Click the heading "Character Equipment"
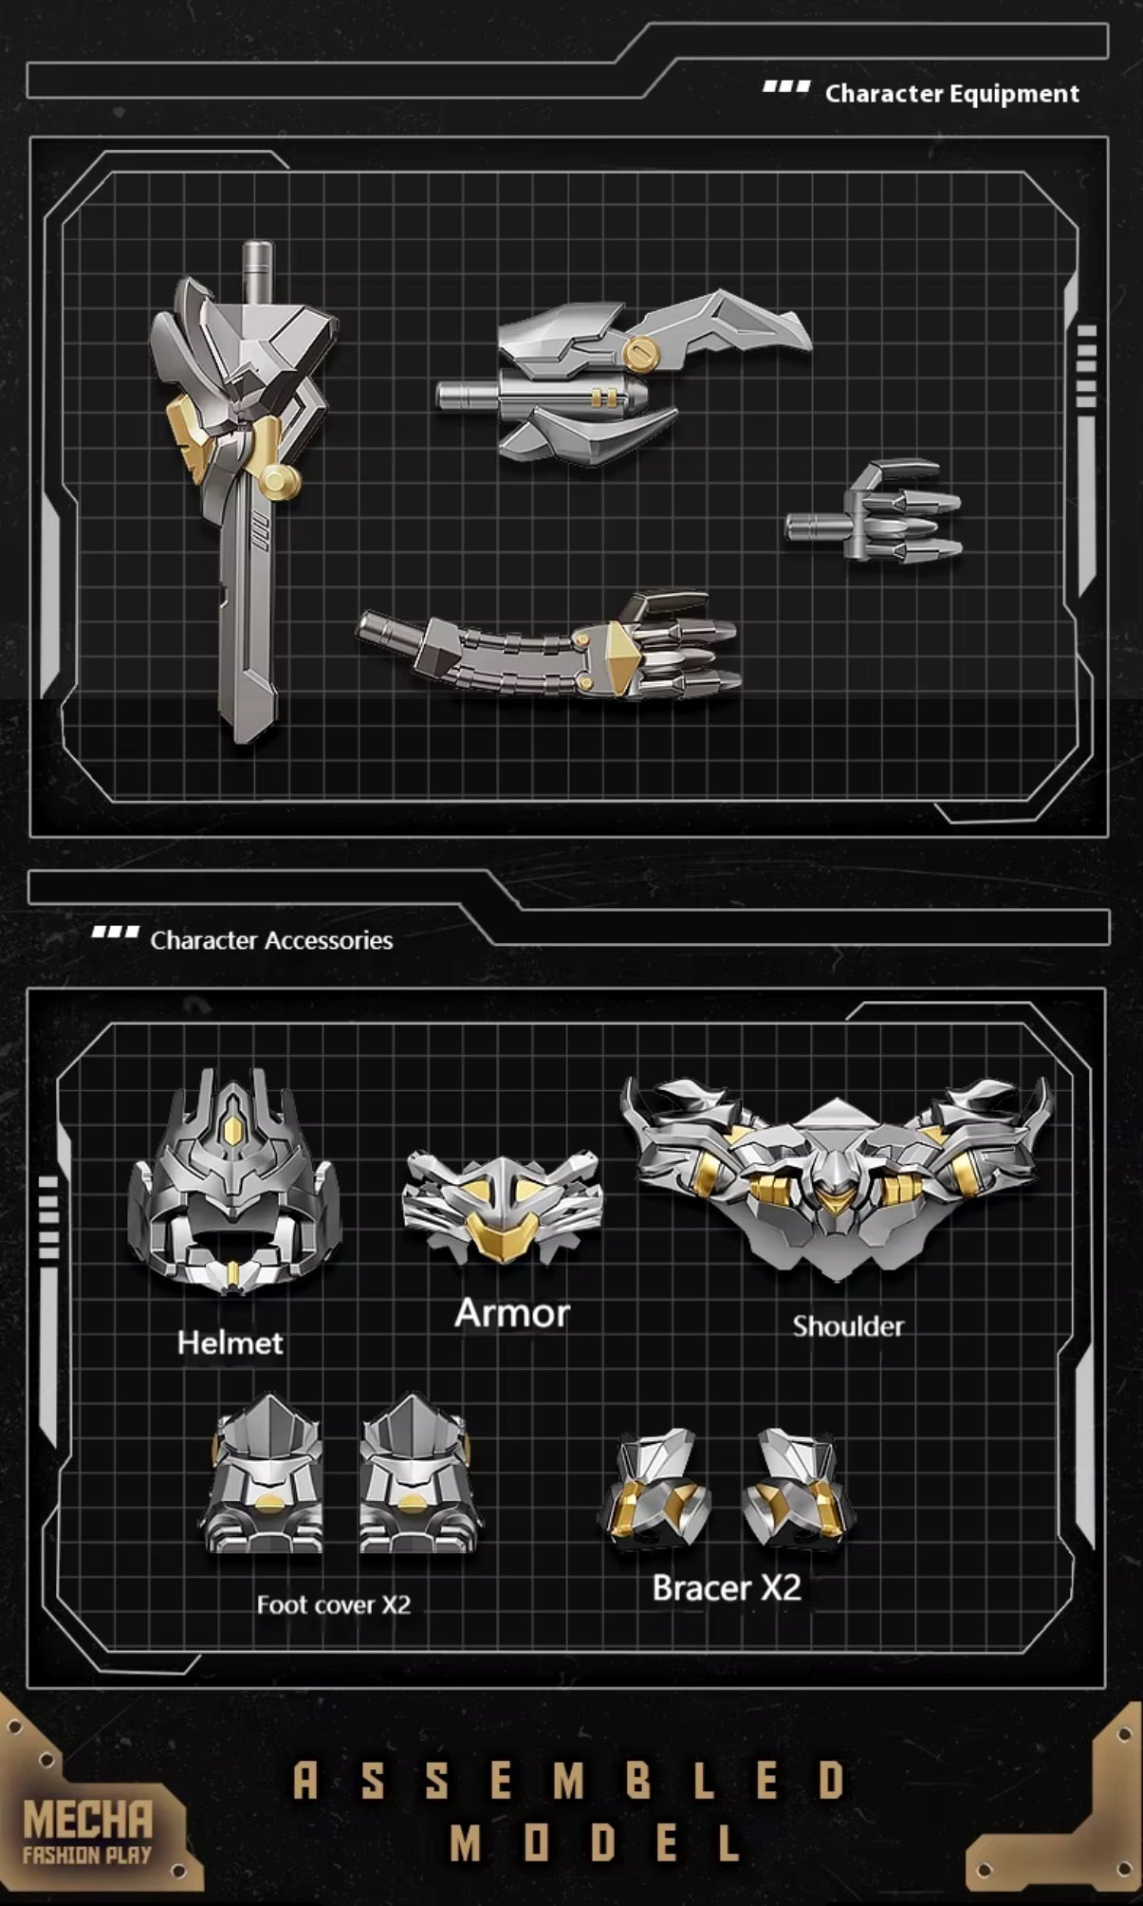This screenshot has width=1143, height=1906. click(951, 94)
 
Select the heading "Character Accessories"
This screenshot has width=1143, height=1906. click(271, 940)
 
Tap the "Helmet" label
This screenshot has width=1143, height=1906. click(230, 1342)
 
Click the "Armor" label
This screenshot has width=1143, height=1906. click(512, 1313)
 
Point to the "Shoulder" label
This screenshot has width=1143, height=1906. click(848, 1325)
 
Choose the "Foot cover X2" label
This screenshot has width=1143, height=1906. click(333, 1604)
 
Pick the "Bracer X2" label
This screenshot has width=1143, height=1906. click(727, 1587)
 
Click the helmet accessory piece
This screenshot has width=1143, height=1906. click(233, 1186)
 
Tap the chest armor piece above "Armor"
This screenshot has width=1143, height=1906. click(502, 1206)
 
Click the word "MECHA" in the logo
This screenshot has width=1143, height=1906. click(87, 1821)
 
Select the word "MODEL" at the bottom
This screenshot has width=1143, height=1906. click(595, 1844)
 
